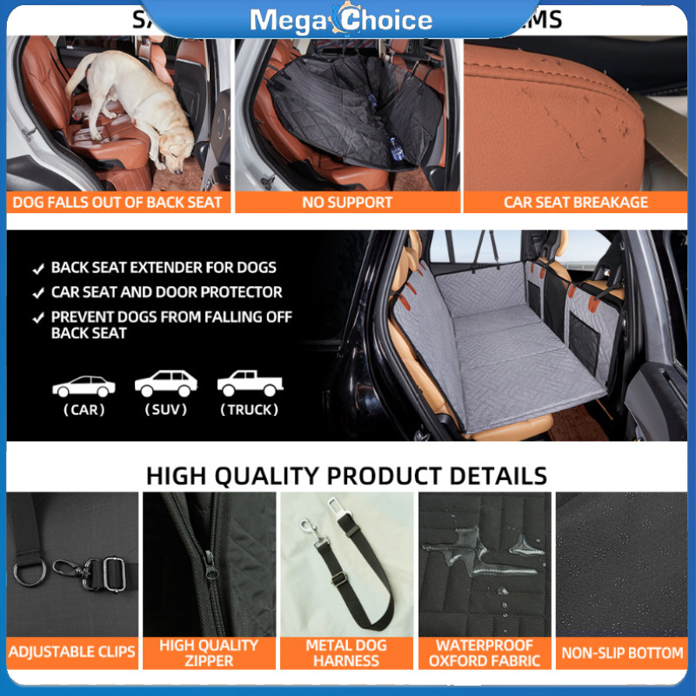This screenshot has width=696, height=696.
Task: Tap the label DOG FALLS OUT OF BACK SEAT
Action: tap(117, 203)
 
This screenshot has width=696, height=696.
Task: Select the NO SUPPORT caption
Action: tap(347, 203)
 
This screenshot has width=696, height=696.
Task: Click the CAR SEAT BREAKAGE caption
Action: tap(576, 203)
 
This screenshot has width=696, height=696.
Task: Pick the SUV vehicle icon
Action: tap(166, 384)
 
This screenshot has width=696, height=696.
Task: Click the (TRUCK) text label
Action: tap(249, 410)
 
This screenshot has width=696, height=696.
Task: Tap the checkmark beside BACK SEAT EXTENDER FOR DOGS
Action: tap(38, 268)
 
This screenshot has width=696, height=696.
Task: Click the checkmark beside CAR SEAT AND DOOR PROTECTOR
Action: tap(38, 292)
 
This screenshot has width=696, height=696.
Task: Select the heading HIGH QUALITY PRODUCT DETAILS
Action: tap(346, 476)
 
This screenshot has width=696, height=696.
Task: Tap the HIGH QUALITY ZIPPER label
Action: tap(209, 652)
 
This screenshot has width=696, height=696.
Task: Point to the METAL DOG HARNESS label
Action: tap(346, 652)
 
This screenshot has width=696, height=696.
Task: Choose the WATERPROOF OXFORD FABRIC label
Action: tap(484, 652)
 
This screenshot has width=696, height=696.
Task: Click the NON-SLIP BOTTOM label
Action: tap(622, 652)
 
